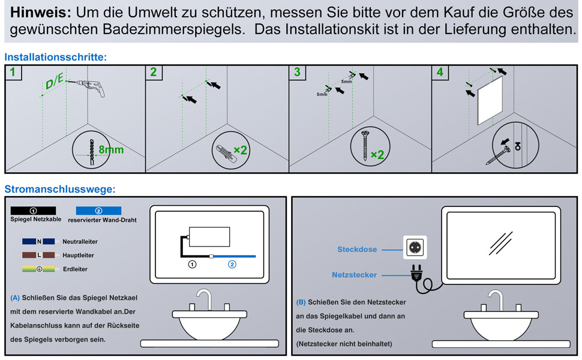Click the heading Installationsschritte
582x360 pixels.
[55, 57]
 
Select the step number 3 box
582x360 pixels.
[297, 73]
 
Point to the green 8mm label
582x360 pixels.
[111, 149]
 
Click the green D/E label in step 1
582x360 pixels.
[54, 81]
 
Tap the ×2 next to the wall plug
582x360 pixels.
[241, 149]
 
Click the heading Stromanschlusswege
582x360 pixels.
[60, 189]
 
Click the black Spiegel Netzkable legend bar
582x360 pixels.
[33, 211]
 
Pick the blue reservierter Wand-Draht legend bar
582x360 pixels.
[99, 211]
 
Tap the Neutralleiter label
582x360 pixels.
[80, 242]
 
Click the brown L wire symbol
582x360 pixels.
[38, 255]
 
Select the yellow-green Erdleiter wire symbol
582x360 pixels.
[38, 269]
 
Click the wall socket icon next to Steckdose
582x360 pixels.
[413, 246]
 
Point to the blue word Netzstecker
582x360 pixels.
[354, 275]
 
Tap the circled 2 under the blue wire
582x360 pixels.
[232, 264]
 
